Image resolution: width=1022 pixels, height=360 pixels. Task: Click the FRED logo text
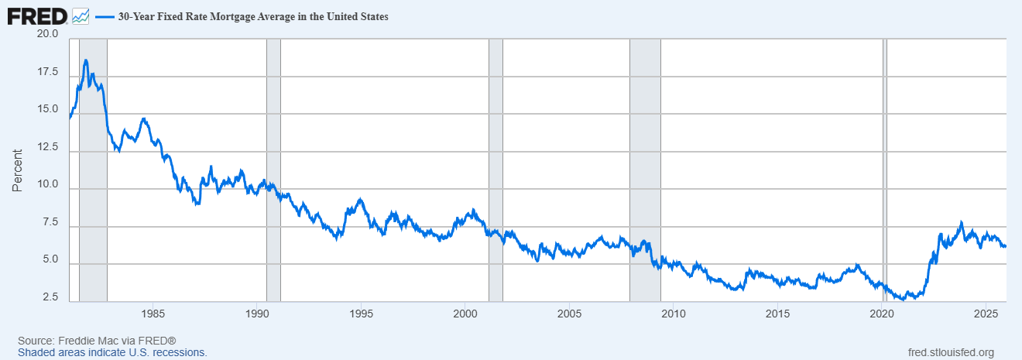point(37,15)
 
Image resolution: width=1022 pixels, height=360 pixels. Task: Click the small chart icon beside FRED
point(81,15)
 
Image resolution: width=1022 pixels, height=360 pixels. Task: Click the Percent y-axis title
point(17,170)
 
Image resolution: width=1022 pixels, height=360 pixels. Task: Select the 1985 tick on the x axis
point(153,314)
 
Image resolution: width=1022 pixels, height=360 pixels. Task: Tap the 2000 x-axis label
point(465,314)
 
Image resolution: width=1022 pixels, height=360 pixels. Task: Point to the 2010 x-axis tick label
point(673,314)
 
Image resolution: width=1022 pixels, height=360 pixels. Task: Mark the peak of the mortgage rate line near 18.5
point(85,60)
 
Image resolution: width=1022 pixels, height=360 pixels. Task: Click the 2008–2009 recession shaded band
point(645,155)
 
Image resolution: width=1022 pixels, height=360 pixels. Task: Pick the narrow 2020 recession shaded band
point(885,155)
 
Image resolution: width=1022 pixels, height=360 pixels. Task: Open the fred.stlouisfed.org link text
point(950,352)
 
